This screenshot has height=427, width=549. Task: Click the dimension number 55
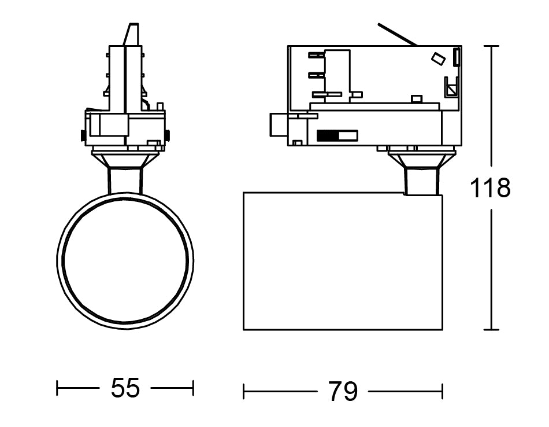coord(125,388)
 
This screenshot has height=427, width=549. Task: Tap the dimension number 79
coord(343,391)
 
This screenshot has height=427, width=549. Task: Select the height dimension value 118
coord(490,188)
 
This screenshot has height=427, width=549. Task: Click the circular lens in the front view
coord(125,260)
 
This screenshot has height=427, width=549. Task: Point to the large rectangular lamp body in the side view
coord(343,261)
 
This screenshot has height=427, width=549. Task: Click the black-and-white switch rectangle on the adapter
coord(337,135)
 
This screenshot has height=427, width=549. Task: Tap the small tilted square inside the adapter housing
coord(438,58)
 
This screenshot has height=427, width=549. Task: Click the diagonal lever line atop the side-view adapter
coord(398,35)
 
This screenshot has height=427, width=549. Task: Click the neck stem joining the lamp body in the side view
coord(421,181)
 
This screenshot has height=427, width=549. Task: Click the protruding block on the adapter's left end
coord(279,124)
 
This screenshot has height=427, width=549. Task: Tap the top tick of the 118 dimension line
coord(491,46)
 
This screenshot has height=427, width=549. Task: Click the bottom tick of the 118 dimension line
coord(491,330)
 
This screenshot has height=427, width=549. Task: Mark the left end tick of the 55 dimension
coord(57,388)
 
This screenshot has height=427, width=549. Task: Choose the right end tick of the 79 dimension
coord(443,392)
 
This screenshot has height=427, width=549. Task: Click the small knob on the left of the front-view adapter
coord(83,135)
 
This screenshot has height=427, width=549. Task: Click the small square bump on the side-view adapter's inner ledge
coord(416,99)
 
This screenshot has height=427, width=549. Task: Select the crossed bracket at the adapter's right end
coord(452,86)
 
